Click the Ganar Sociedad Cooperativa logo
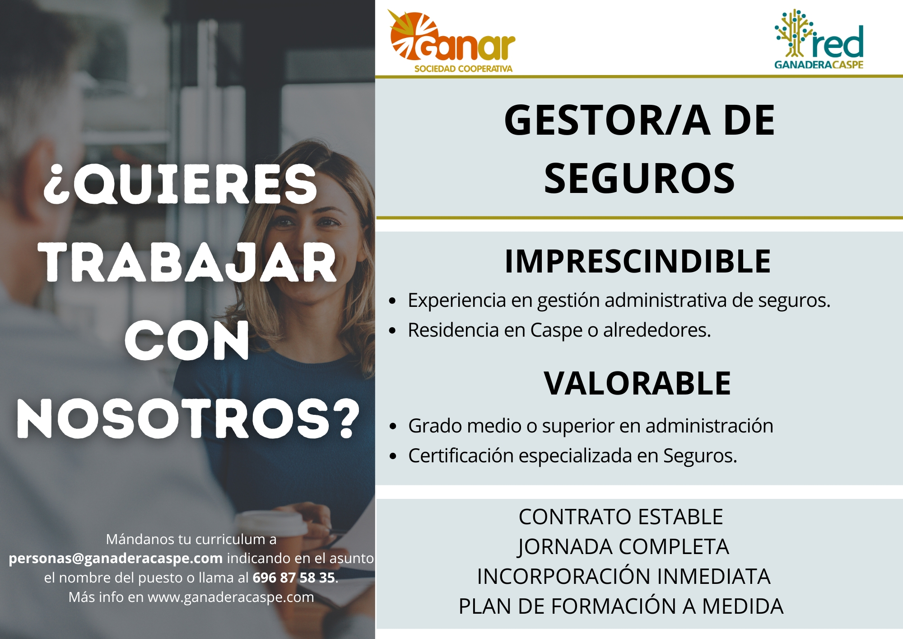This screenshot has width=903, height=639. (451, 42)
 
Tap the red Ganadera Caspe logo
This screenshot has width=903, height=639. (819, 39)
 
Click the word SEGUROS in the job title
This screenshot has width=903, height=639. (639, 179)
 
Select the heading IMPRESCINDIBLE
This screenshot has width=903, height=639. (638, 261)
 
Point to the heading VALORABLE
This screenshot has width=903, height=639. (637, 383)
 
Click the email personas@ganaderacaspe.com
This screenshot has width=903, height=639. (116, 559)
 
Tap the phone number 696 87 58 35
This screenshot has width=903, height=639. (293, 578)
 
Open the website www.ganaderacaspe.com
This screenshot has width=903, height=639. (231, 597)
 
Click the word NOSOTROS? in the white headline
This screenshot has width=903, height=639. (188, 419)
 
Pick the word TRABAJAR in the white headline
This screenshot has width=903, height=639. (190, 263)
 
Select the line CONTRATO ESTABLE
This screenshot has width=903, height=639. (621, 517)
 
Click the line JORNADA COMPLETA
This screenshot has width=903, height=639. (623, 547)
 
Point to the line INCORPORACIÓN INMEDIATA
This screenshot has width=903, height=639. (624, 576)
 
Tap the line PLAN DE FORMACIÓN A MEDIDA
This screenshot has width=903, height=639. (621, 606)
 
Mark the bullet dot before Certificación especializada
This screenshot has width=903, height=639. (393, 456)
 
